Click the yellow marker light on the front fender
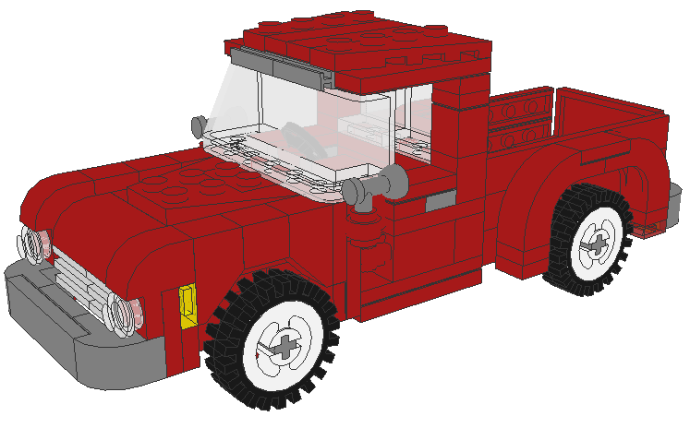coord(188,305)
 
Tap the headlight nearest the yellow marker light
coord(122,312)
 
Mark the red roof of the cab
coord(360,42)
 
